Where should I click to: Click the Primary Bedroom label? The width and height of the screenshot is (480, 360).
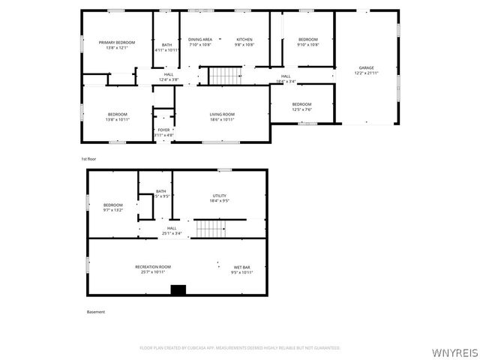(117, 43)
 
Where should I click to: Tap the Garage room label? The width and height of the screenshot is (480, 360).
(367, 68)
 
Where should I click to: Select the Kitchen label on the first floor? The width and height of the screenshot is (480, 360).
(244, 39)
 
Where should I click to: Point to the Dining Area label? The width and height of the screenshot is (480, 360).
(200, 39)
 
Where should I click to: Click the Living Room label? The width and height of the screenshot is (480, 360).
(222, 114)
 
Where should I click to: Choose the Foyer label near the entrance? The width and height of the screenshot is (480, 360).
(163, 130)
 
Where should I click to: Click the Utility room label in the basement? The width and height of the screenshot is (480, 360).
(220, 196)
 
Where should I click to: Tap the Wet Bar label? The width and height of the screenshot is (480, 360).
(241, 267)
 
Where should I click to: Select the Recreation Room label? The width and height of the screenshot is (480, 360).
(153, 267)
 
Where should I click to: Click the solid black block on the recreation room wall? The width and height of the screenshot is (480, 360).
(178, 290)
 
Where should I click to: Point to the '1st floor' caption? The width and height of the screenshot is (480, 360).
(89, 159)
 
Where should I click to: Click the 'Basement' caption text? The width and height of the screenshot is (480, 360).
(95, 312)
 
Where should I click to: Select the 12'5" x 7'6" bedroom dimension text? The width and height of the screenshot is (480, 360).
(301, 109)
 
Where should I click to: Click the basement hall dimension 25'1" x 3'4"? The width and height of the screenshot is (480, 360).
(172, 233)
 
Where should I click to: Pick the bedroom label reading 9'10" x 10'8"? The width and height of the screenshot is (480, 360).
(308, 44)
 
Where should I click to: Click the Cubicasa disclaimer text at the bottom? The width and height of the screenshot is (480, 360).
(240, 348)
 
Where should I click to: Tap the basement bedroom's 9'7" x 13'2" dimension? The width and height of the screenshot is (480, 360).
(113, 210)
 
